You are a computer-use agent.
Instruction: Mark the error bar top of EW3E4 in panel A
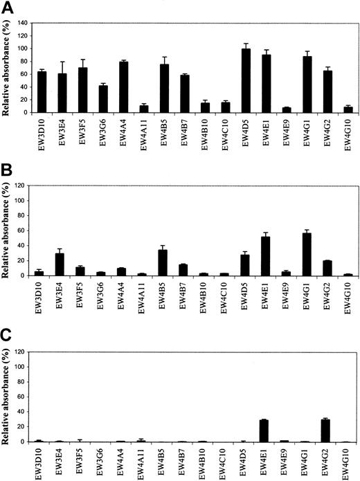point(62,62)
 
